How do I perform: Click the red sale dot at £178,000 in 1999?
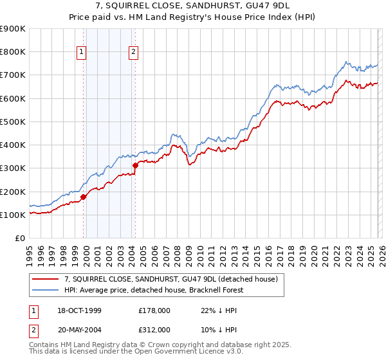point(84,197)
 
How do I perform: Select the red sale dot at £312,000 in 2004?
point(136,166)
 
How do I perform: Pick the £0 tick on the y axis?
point(20,239)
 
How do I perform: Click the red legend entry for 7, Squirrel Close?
point(170,279)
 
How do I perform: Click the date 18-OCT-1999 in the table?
point(76,310)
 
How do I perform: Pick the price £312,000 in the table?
point(154,329)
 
